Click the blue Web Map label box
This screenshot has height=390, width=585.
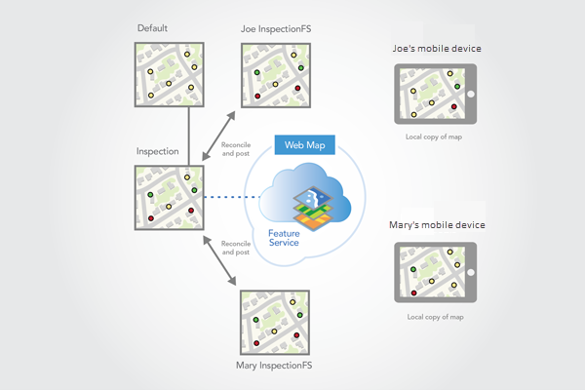306,145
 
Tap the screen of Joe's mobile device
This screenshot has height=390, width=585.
429,95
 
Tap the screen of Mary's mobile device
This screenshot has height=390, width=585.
429,272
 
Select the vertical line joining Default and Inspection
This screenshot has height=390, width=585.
188,136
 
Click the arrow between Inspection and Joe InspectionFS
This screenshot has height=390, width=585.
221,136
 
